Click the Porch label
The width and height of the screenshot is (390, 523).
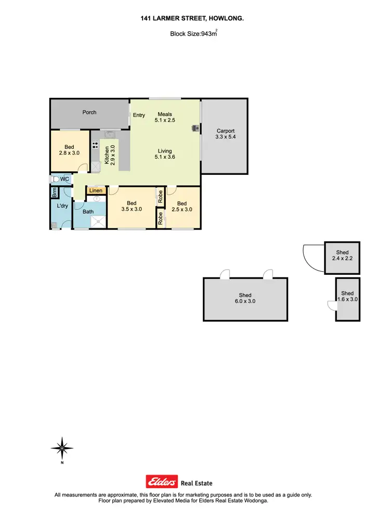tap(89, 112)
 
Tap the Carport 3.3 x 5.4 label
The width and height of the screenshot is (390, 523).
tap(225, 134)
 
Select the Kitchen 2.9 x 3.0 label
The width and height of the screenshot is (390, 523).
tap(109, 155)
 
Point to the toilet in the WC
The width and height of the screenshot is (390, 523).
tap(54, 179)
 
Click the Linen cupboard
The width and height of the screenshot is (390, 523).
tap(96, 190)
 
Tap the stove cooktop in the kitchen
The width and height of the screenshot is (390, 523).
tap(95, 146)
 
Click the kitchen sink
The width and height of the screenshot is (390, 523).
tap(110, 134)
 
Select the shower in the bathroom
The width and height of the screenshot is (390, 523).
tap(98, 222)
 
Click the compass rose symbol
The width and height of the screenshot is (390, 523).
tap(62, 448)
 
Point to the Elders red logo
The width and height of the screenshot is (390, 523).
tap(162, 482)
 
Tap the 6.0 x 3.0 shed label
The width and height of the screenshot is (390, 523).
tap(244, 298)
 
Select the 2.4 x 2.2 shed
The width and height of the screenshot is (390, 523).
tap(342, 258)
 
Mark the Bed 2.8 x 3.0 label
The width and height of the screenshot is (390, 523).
tap(69, 150)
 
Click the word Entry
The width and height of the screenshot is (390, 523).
tap(139, 115)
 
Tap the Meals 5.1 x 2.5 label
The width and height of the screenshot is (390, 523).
tap(165, 118)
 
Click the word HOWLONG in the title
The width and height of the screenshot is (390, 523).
tap(226, 18)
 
